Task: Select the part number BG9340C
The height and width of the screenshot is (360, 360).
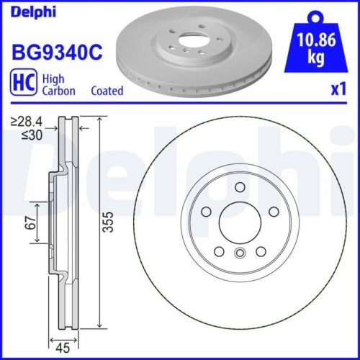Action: point(55,53)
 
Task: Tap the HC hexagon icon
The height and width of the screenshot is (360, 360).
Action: point(22,84)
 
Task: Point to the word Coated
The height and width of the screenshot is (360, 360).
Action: point(107,91)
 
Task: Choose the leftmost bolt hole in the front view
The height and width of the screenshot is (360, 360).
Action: point(205,212)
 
